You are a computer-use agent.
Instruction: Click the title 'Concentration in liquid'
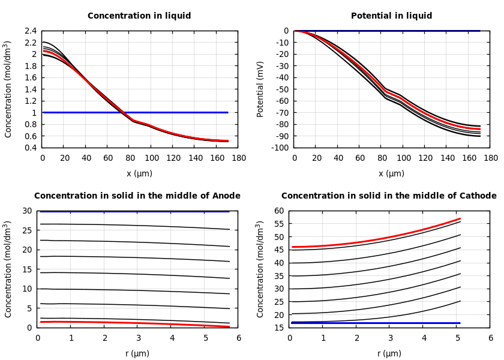coord(139,16)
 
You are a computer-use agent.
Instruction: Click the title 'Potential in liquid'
coord(391,16)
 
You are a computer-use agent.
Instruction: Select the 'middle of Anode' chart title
coord(137,196)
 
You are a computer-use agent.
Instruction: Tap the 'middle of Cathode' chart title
coord(389,196)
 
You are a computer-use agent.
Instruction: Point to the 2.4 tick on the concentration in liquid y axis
coord(30,31)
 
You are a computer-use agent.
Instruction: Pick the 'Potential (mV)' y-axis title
coord(260,89)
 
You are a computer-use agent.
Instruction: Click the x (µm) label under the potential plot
coord(391,174)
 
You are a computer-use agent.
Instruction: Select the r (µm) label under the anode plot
coord(137,353)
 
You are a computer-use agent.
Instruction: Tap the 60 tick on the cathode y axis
coord(278,211)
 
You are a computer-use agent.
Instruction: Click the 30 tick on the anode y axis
coord(26,211)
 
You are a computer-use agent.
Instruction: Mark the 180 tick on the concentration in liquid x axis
coord(238,158)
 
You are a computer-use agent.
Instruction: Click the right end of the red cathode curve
coord(460,218)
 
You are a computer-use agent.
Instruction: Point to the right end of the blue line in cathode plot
coord(460,323)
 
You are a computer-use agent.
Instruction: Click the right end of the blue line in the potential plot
coord(480,31)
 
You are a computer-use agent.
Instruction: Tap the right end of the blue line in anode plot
coord(229,211)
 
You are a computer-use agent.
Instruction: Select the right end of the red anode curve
coord(229,326)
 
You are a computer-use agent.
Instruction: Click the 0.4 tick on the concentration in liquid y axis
coord(30,148)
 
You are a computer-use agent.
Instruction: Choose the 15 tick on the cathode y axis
coord(278,328)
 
